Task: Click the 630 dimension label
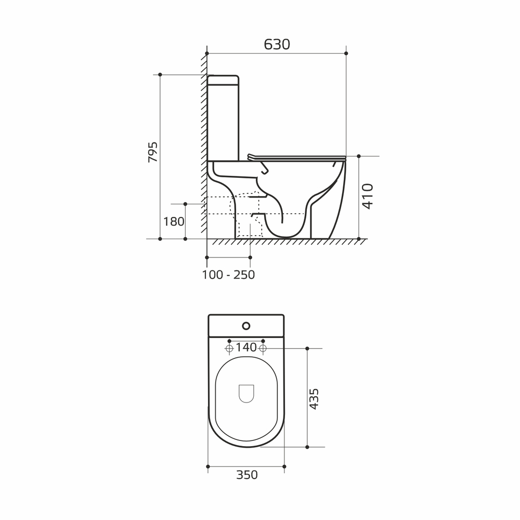(277, 44)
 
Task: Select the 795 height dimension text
(153, 152)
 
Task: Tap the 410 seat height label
(368, 196)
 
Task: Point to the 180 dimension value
(174, 222)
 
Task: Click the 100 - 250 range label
(228, 275)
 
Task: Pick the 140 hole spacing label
(246, 347)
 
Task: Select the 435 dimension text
(314, 399)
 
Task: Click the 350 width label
(246, 475)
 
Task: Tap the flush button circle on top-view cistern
(246, 327)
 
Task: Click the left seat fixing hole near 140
(229, 348)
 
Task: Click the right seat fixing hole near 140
(263, 348)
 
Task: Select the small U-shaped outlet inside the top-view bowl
(246, 393)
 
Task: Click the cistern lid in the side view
(223, 80)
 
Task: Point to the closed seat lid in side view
(296, 157)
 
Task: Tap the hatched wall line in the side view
(204, 146)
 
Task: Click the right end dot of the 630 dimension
(346, 53)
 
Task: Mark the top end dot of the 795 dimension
(160, 75)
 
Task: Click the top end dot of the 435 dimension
(307, 348)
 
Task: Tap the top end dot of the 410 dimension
(359, 155)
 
